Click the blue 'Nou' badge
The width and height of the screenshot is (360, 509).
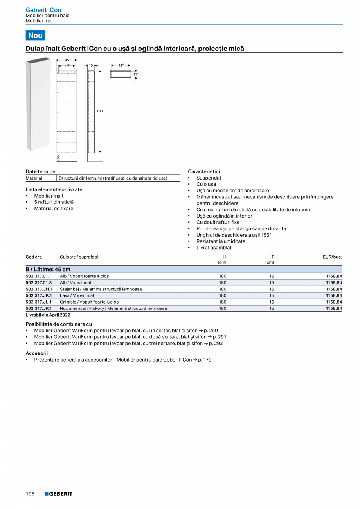click(35, 35)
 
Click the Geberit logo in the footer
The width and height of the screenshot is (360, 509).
click(58, 494)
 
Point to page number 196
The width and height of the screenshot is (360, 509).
click(30, 494)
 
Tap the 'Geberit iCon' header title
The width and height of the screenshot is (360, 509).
click(43, 10)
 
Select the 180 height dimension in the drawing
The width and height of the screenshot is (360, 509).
click(99, 111)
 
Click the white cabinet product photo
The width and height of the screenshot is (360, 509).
click(38, 104)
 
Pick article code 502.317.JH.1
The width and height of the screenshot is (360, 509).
click(38, 289)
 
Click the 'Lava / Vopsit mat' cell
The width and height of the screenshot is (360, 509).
click(77, 295)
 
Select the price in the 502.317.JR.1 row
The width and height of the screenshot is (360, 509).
click(333, 308)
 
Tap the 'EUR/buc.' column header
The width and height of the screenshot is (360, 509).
click(332, 257)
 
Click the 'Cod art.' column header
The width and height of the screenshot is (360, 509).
click(34, 257)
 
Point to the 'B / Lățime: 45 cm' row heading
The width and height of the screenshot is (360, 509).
click(48, 269)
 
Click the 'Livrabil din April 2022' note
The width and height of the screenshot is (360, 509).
click(48, 315)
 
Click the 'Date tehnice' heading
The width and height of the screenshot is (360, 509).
click(40, 171)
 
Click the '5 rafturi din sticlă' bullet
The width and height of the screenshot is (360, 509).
click(54, 202)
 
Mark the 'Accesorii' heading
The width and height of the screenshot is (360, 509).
click(36, 353)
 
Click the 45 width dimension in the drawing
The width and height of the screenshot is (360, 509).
click(67, 60)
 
